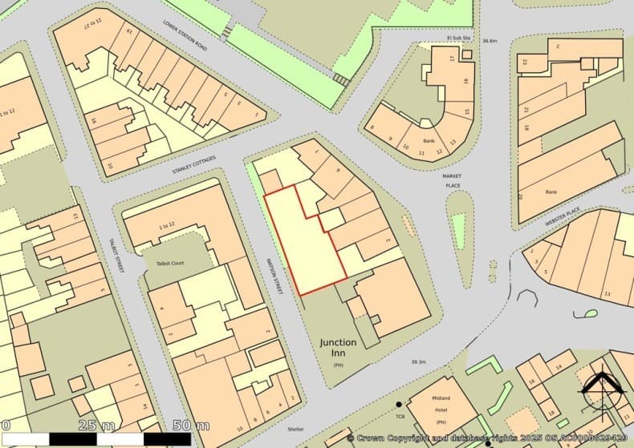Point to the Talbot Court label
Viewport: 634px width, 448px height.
coord(164,263)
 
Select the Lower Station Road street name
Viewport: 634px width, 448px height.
coord(185,38)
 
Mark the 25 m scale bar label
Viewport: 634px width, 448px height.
coord(96,424)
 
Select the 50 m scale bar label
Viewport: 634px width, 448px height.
coord(191,424)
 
